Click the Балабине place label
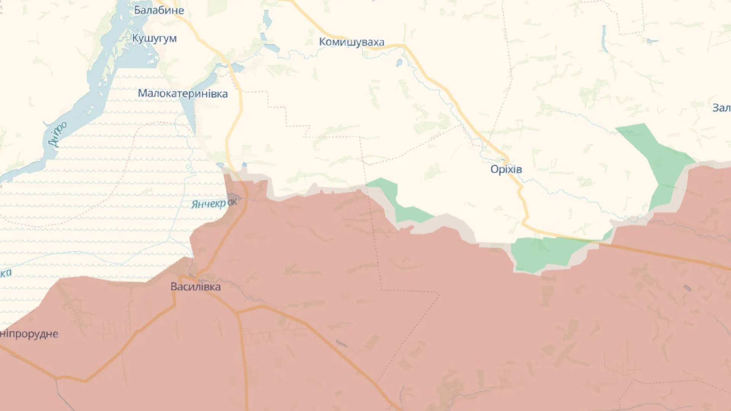[159, 10]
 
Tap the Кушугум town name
[154, 38]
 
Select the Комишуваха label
[351, 41]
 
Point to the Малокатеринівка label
[182, 93]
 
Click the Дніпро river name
[58, 134]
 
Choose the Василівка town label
[195, 286]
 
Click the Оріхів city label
[506, 169]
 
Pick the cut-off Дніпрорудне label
[29, 334]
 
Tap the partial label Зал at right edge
[721, 108]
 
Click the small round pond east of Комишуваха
[399, 63]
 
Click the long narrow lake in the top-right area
[605, 38]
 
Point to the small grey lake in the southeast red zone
[687, 288]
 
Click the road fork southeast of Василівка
[237, 314]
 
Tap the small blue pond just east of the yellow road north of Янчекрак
[244, 165]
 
